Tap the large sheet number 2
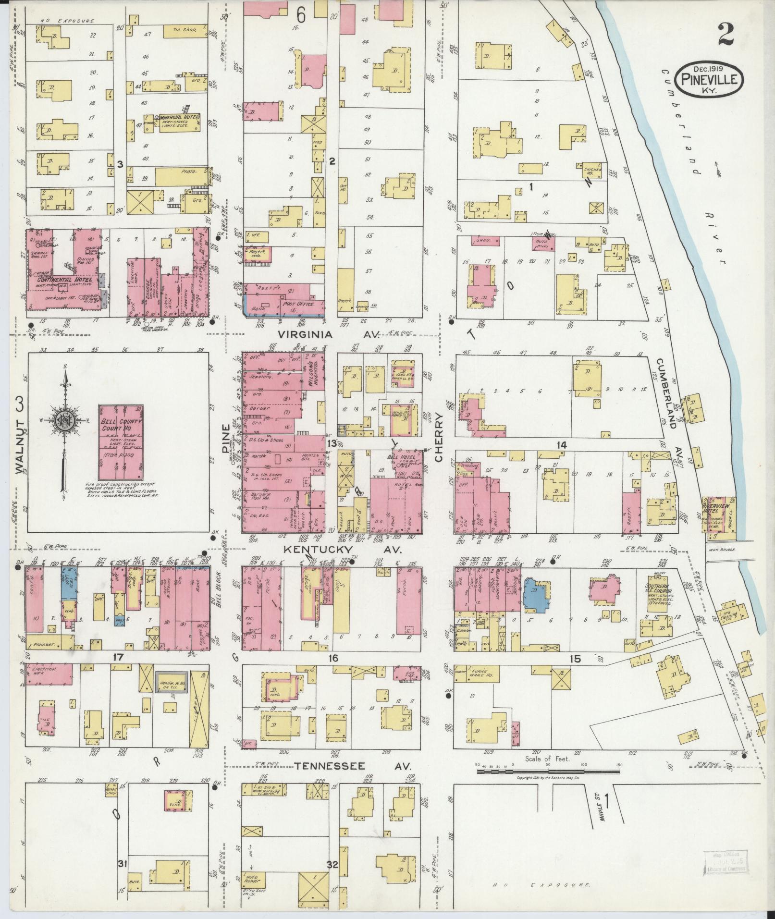728,33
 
